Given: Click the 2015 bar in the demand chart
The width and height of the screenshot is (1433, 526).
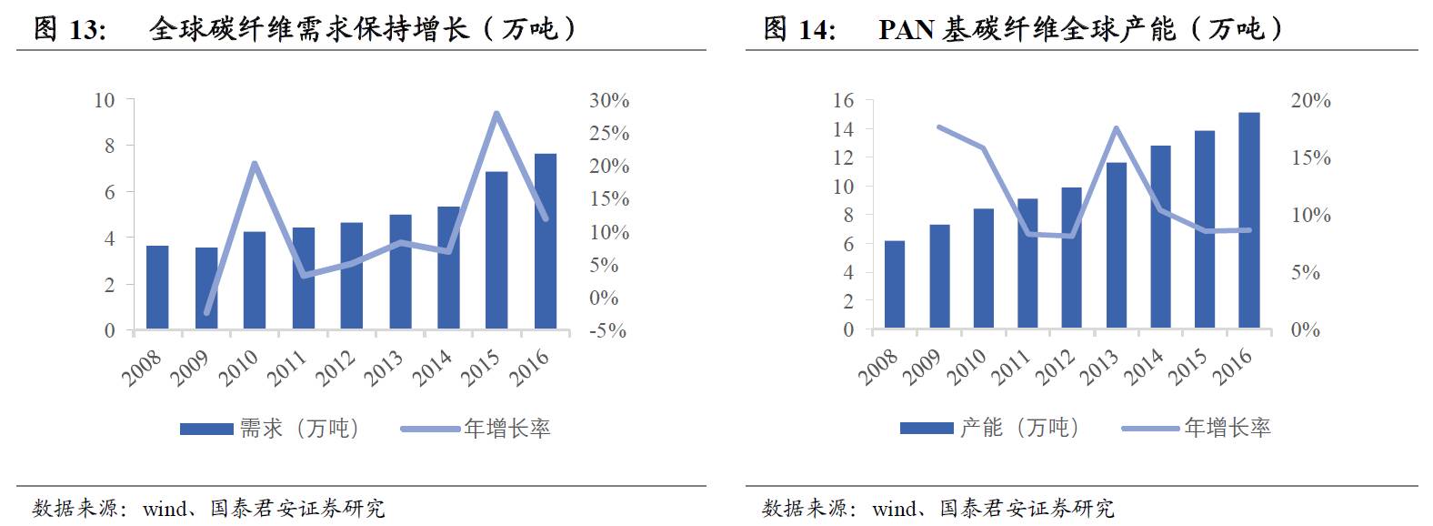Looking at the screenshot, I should coord(496,249).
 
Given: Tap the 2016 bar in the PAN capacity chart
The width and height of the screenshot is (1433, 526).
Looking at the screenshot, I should coord(1249,219).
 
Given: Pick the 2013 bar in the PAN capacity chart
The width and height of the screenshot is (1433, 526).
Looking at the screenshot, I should coord(1117,245).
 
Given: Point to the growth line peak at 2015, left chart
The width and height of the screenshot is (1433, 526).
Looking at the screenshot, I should coord(496,113).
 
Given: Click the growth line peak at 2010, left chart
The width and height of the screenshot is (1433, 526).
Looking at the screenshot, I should coord(255,164).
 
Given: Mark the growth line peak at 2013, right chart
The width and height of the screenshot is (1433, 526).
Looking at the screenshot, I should coord(1117,128).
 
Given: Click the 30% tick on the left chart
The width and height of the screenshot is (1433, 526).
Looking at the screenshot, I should coord(608,101).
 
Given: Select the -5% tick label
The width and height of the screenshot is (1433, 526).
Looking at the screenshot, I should coord(607,331).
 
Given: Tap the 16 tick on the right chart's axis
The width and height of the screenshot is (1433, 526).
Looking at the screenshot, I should coord(843,101).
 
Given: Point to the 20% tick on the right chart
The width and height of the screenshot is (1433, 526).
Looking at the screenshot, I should coord(1310,101).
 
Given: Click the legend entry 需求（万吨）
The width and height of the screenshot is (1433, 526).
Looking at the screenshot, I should coord(299,429).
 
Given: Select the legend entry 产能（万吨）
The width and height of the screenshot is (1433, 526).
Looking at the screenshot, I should coord(1019,428).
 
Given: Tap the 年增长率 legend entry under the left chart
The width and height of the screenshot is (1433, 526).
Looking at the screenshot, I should coord(506,429).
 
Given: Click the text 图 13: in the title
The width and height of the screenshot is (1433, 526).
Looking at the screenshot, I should coord(70,29).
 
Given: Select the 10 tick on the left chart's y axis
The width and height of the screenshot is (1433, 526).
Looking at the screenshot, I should coord(105,100).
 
